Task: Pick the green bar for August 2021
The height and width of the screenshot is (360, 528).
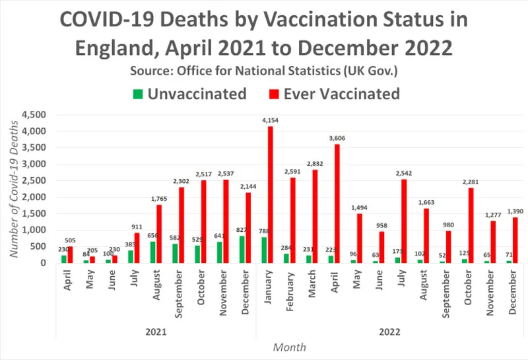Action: click(x=152, y=252)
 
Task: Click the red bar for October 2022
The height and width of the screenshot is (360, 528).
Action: click(x=471, y=225)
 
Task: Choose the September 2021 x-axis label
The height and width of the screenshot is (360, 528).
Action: click(x=178, y=291)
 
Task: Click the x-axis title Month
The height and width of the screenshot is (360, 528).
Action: click(x=289, y=347)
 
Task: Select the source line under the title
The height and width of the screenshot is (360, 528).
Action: click(x=264, y=70)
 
